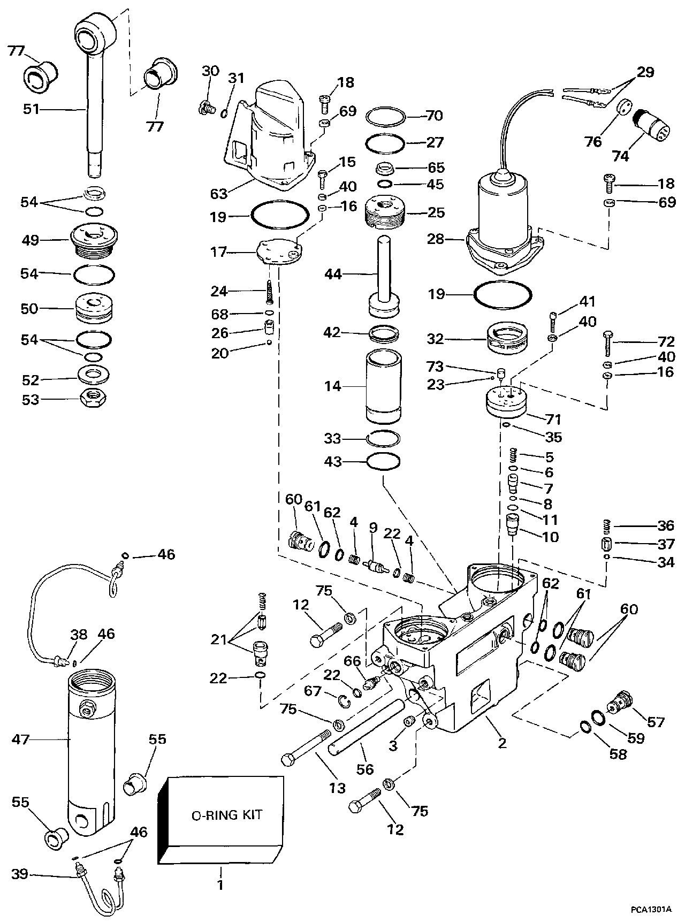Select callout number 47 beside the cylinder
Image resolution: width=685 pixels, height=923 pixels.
tap(21, 739)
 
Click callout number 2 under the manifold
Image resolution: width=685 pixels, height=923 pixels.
tap(502, 743)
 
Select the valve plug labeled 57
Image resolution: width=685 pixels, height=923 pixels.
tap(621, 701)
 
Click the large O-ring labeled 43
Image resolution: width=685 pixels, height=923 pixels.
tap(383, 461)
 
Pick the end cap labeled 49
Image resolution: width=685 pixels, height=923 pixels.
tap(94, 240)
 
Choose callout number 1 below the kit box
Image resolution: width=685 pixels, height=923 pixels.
tap(220, 885)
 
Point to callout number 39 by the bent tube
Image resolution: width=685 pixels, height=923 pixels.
tap(20, 875)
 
